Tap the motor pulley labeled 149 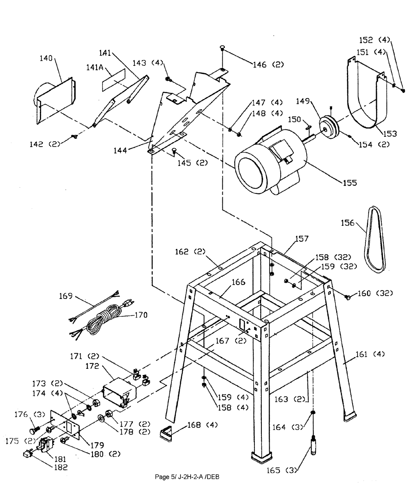(328, 126)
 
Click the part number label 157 (302, 239)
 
